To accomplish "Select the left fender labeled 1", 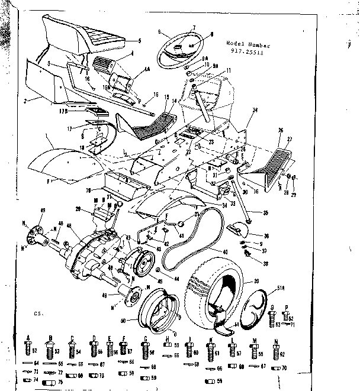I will coord(59,160).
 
